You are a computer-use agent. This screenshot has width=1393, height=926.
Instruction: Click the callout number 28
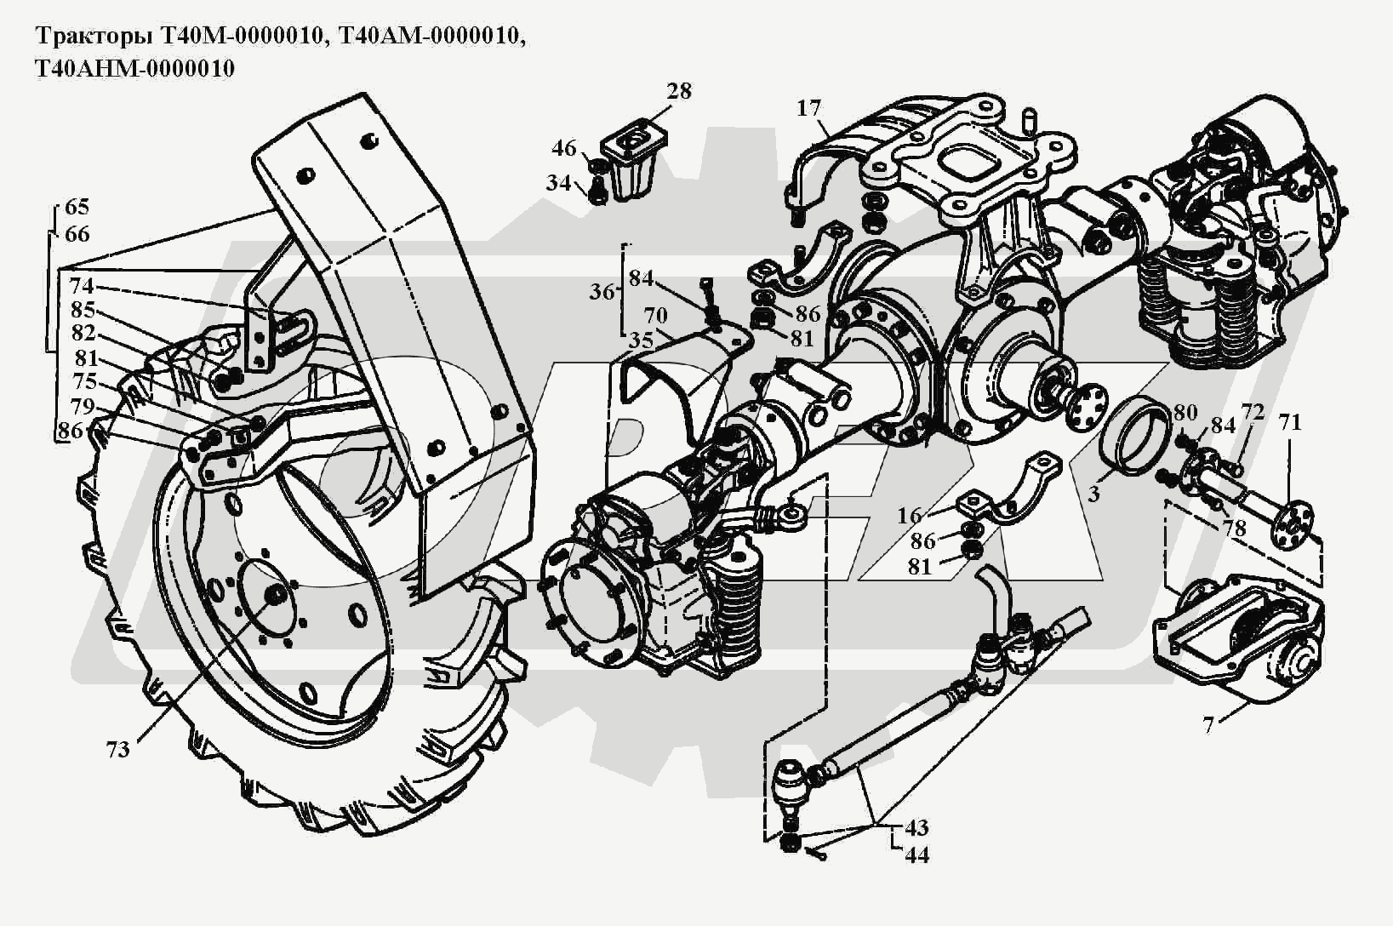(679, 91)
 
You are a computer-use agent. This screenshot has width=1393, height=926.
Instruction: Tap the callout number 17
(809, 109)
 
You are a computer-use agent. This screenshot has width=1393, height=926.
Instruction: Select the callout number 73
(118, 749)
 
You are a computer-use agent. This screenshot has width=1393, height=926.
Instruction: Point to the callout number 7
(1208, 725)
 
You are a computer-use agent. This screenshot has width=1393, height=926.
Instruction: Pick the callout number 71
(1290, 423)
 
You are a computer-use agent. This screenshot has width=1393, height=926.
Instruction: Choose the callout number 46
(564, 148)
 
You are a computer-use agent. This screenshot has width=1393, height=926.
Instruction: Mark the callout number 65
(77, 207)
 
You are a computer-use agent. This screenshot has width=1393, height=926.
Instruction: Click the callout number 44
(916, 855)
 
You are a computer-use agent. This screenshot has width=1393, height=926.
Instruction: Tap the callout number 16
(910, 516)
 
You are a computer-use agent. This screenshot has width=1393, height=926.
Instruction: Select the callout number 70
(655, 315)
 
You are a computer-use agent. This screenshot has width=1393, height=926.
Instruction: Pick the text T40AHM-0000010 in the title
(133, 68)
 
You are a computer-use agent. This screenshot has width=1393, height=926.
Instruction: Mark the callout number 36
(602, 292)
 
